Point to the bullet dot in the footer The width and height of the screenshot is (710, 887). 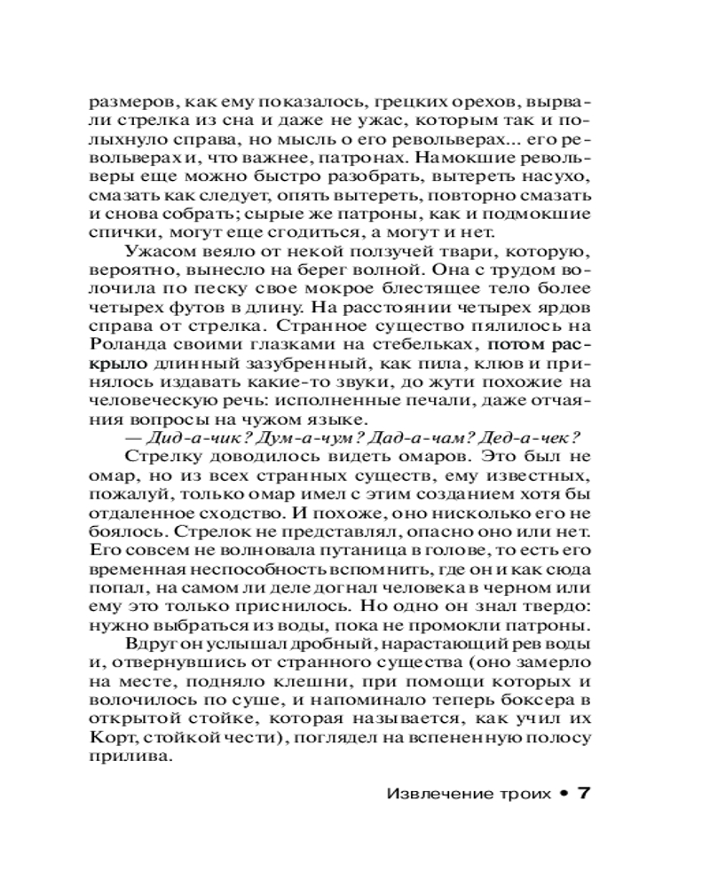(x=562, y=793)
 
